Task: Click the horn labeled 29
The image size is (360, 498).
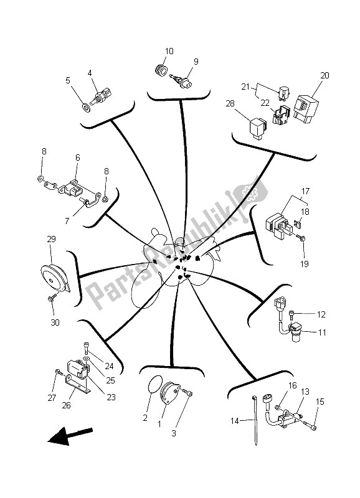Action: [x=54, y=278]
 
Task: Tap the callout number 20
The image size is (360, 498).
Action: [x=324, y=75]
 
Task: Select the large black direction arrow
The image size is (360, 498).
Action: [x=70, y=435]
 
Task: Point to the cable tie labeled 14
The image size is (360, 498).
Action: [x=255, y=420]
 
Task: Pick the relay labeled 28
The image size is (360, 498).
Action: [x=257, y=128]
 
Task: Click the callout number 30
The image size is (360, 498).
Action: [x=55, y=322]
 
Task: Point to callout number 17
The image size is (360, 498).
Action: [x=305, y=191]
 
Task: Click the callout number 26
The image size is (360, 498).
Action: [x=66, y=405]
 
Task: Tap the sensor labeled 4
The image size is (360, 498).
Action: [x=100, y=96]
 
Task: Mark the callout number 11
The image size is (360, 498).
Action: [x=322, y=332]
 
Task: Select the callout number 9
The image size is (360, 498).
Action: [x=196, y=61]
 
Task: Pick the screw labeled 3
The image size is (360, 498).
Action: [x=186, y=392]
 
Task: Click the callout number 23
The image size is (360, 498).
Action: [x=111, y=397]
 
